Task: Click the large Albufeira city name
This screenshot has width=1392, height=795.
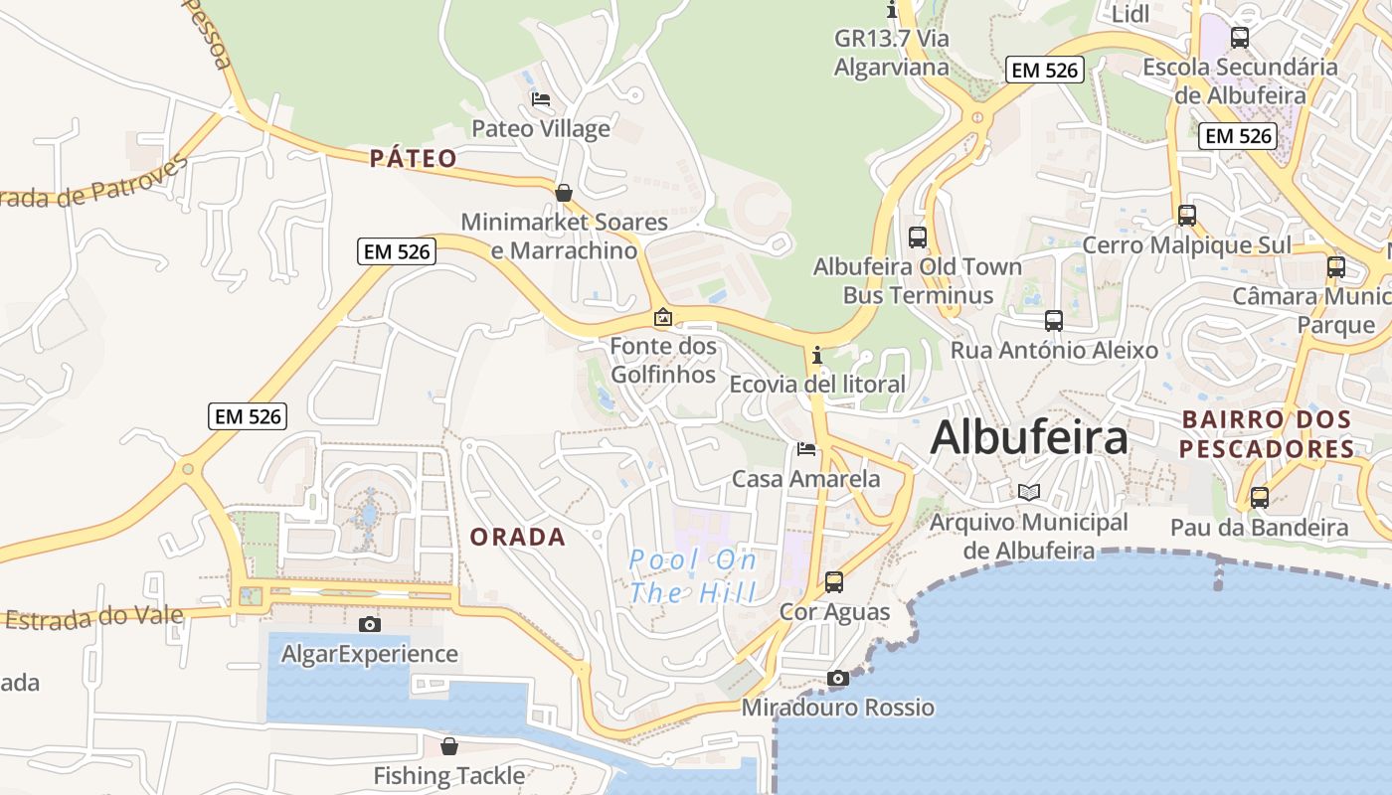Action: click(x=1029, y=438)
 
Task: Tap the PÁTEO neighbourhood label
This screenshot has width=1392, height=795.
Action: click(x=413, y=158)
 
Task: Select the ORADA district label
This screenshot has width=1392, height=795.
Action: click(x=517, y=538)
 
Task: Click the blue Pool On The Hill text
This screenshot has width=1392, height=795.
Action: click(x=693, y=576)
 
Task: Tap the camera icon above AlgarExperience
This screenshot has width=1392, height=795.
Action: click(x=370, y=624)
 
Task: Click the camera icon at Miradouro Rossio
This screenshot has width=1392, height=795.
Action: click(x=838, y=679)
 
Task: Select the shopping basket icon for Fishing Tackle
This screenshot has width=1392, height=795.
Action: click(x=449, y=745)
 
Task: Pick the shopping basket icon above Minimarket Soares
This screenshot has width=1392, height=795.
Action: click(x=564, y=193)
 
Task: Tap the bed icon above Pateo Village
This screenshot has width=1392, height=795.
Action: click(x=541, y=98)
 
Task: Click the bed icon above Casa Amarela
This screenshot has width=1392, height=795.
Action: click(x=806, y=449)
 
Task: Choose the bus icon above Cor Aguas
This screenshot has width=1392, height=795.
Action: click(x=834, y=582)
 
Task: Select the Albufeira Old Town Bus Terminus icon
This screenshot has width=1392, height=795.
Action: click(x=918, y=238)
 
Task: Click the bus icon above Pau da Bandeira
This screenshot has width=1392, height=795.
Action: click(x=1260, y=498)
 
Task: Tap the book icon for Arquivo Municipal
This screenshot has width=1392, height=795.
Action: click(x=1029, y=492)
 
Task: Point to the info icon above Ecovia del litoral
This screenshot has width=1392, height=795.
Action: click(x=817, y=355)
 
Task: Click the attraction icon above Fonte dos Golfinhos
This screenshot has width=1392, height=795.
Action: click(x=663, y=317)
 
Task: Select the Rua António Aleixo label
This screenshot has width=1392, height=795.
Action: click(x=1054, y=350)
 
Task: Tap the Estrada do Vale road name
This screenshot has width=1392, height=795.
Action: click(x=94, y=618)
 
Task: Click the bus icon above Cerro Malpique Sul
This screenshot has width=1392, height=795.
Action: click(x=1186, y=216)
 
